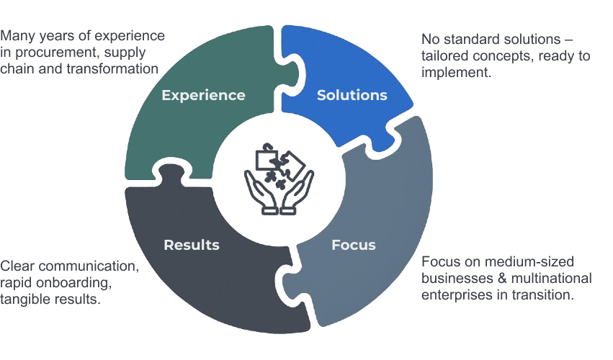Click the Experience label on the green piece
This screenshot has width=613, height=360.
click(203, 95)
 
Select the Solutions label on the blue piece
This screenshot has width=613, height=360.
click(352, 95)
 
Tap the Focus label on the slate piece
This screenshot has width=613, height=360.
click(353, 245)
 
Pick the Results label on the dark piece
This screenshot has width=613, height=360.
click(192, 245)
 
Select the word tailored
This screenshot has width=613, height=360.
click(444, 56)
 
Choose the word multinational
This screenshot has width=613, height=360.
click(550, 278)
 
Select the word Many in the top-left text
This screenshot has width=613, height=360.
click(17, 35)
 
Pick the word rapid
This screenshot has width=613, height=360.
click(17, 282)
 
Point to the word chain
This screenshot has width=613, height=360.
click(17, 68)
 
